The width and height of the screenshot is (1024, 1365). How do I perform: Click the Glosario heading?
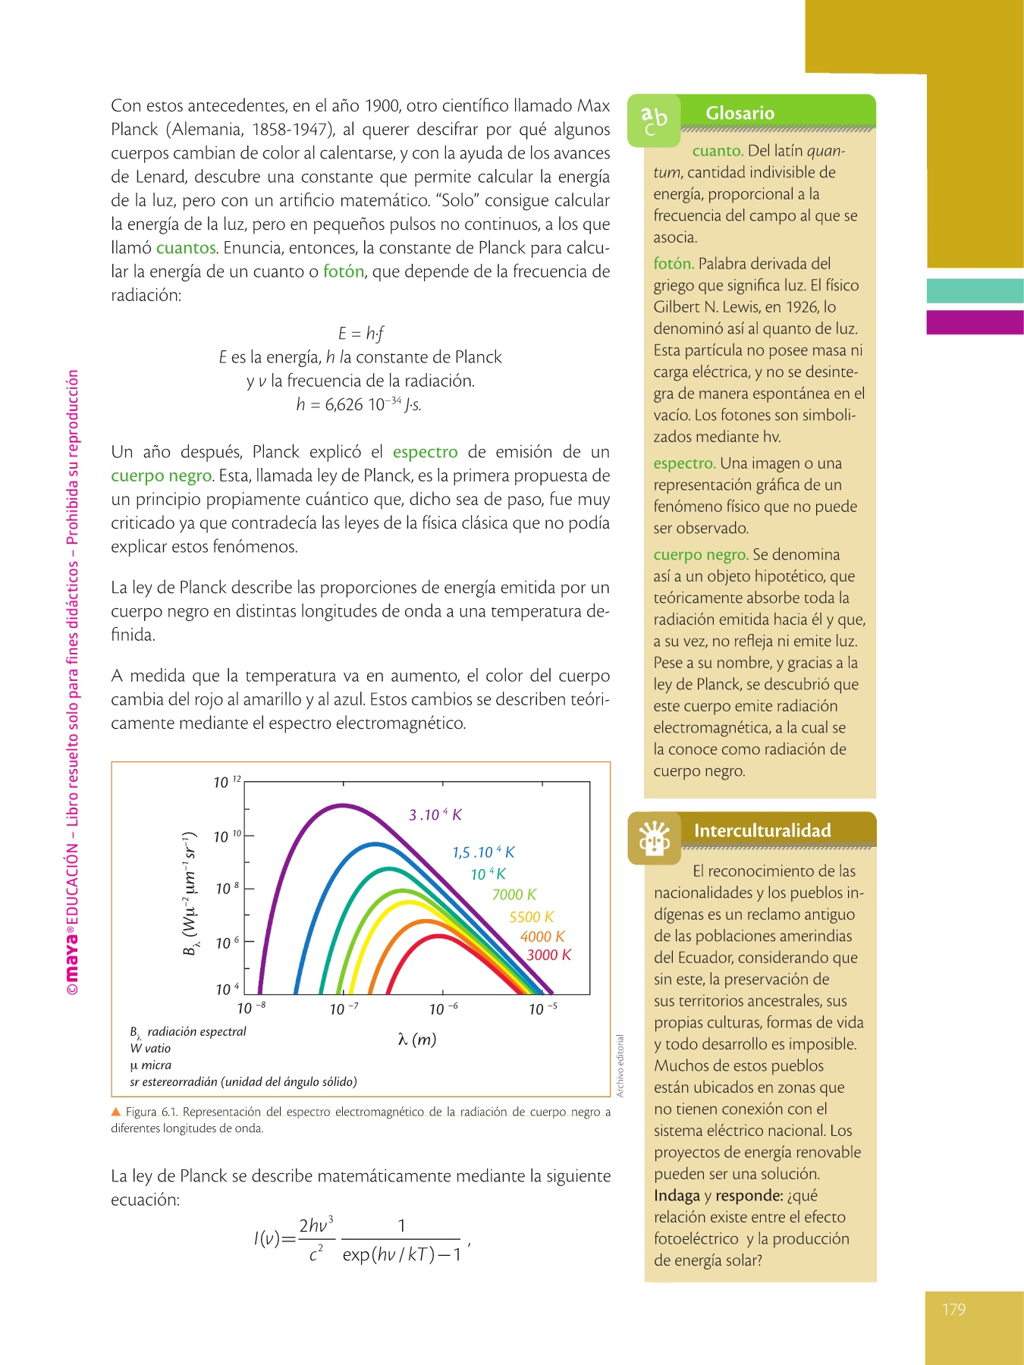coord(740,113)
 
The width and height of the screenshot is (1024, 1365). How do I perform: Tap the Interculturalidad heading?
coord(762,830)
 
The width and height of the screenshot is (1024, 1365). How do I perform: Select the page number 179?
coord(953,1309)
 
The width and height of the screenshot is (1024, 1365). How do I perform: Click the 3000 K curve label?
coord(548,955)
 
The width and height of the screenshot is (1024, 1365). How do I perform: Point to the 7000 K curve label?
coord(514,895)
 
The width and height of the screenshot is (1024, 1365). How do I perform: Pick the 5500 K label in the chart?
coord(531,917)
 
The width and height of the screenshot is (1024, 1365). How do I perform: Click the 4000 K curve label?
coord(542,937)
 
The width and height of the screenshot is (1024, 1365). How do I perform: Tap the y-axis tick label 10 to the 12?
coord(226,782)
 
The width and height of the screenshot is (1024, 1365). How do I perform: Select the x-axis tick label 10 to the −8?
coord(251,1009)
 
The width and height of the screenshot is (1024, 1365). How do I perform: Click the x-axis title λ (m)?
coord(417,1039)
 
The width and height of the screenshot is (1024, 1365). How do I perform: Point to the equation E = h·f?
coord(361,333)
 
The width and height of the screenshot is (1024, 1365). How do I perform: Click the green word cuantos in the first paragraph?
coord(186,248)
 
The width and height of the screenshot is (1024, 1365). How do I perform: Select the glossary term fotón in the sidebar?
coord(673,264)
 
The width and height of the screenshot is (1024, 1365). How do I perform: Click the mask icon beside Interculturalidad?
coord(654,838)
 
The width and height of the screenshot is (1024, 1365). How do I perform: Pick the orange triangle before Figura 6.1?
coord(116,1112)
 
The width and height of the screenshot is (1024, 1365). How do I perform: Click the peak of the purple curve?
coord(342,805)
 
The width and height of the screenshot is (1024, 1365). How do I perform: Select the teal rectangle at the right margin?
coord(975,291)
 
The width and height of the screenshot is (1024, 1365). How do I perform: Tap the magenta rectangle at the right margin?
coord(975,322)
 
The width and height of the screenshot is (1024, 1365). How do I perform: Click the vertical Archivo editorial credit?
coord(620,1065)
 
